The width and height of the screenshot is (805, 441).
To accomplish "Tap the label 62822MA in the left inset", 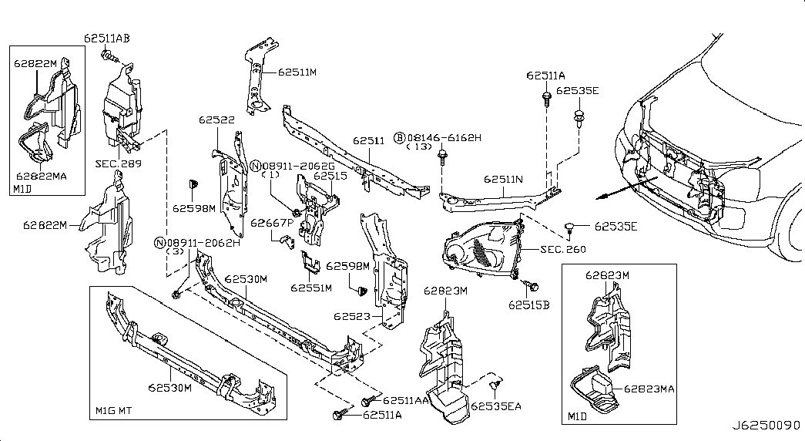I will [41, 175].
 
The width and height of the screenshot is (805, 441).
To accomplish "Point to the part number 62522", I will [216, 120].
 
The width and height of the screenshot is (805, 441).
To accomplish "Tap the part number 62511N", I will [503, 179].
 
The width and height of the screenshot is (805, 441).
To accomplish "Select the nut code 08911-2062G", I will [297, 166].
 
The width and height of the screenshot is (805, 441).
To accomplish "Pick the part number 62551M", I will [311, 288].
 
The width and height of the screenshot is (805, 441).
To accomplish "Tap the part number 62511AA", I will [405, 400].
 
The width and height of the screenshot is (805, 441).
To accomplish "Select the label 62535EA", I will [497, 406].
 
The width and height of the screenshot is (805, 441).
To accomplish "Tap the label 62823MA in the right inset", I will [649, 389].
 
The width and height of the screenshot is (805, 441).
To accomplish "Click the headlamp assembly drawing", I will [481, 244].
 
